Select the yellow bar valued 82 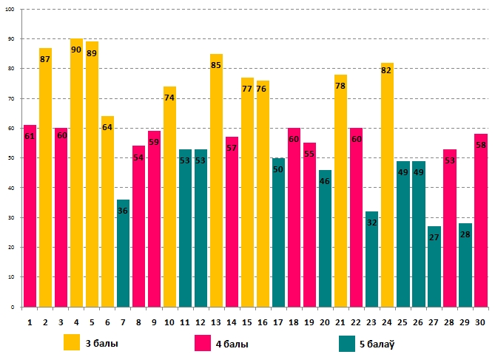pos(387,185)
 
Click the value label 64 pos(107,127)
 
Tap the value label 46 pos(325,181)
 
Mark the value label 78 pos(340,86)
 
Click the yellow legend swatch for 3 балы pos(72,342)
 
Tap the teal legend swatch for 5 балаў pos(348,343)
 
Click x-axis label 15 pos(247,322)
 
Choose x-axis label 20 pos(325,322)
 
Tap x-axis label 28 pos(449,322)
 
